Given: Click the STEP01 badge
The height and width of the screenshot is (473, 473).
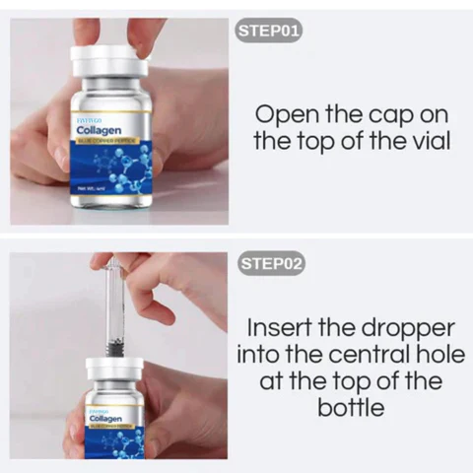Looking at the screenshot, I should [269, 30].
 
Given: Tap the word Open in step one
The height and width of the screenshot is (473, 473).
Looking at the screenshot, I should [283, 112].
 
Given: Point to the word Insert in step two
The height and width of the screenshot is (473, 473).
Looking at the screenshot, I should [280, 326].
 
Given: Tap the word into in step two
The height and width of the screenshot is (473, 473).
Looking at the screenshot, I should [267, 353].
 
